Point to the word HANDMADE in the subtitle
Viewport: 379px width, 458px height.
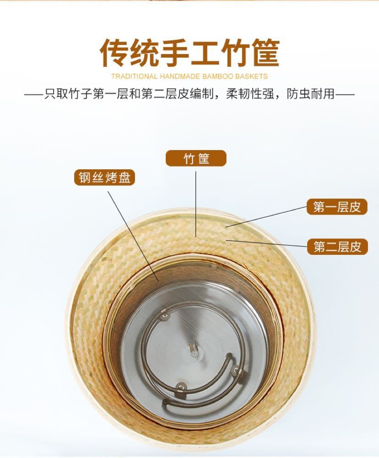pyautogui.click(x=180, y=76)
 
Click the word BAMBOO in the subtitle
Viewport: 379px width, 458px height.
pyautogui.click(x=218, y=76)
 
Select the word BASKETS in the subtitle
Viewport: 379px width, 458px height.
pyautogui.click(x=252, y=76)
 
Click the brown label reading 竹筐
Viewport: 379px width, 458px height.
pyautogui.click(x=196, y=158)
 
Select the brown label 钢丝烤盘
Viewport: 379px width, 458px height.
pyautogui.click(x=105, y=178)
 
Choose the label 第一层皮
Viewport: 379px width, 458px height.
pyautogui.click(x=337, y=207)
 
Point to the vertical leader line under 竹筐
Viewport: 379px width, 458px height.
pyautogui.click(x=196, y=201)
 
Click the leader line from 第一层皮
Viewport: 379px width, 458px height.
pyautogui.click(x=265, y=216)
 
